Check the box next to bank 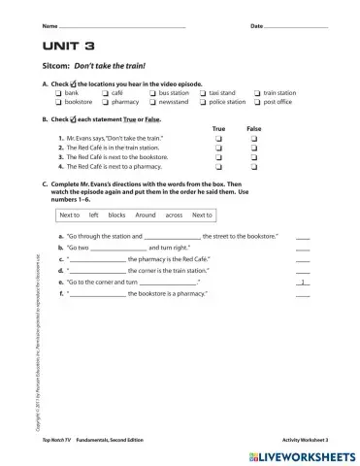(59, 92)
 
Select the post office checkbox (257, 101)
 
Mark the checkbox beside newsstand (152, 101)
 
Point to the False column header (253, 128)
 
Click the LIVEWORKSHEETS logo (303, 454)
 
